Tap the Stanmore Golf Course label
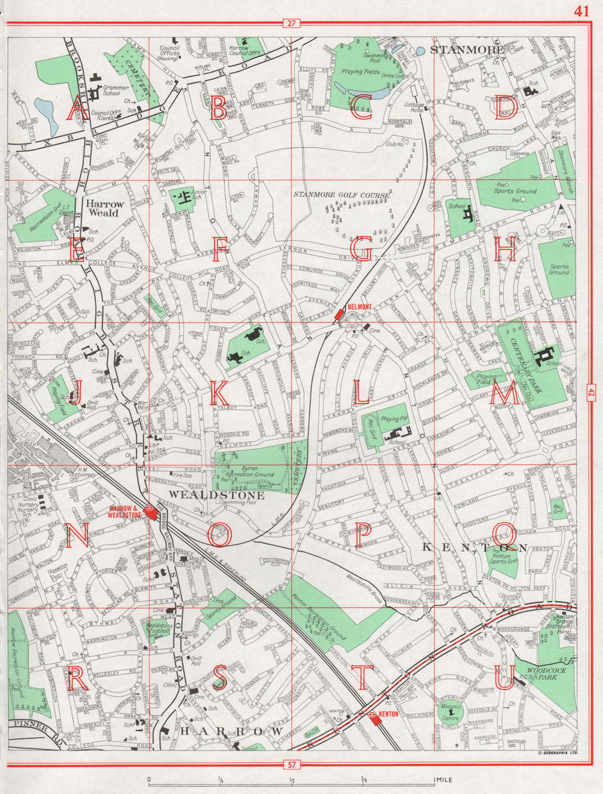(x=341, y=195)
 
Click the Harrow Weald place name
(x=105, y=209)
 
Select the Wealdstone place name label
(x=201, y=494)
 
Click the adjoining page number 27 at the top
(x=292, y=24)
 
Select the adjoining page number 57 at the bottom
(x=292, y=765)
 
